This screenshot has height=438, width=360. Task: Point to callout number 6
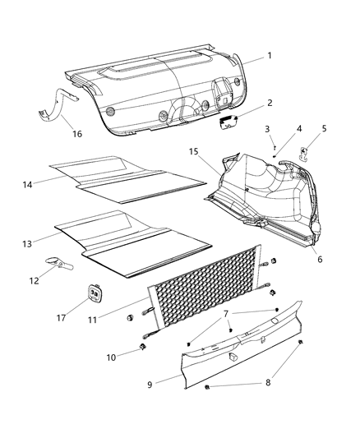point(320,260)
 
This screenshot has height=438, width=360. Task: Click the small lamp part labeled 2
point(227,123)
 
